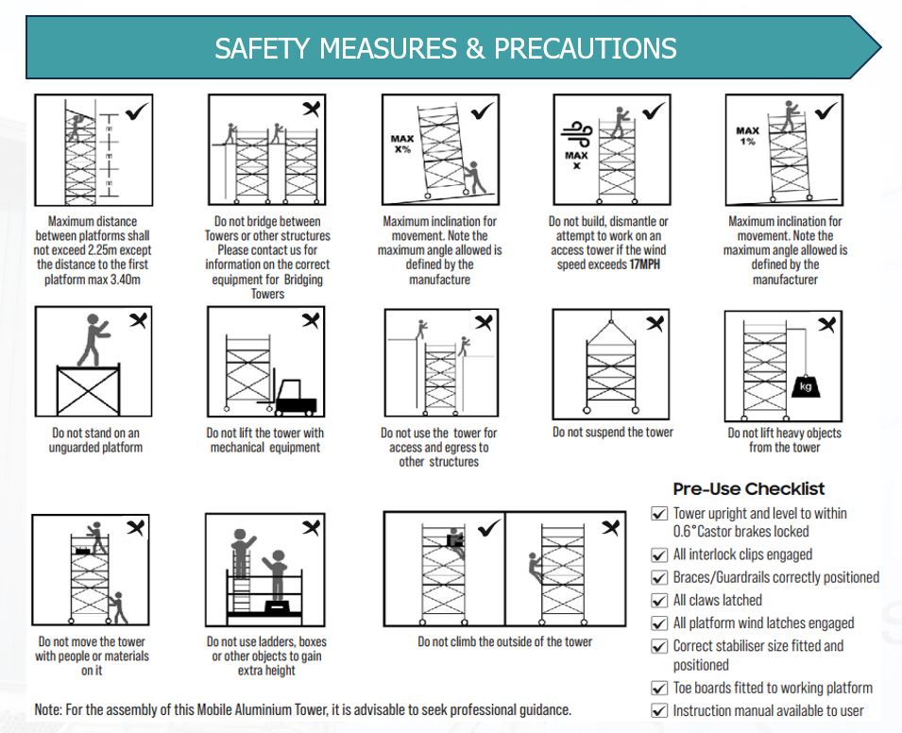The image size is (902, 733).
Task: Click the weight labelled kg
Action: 806,385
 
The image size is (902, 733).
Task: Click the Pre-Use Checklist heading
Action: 748,488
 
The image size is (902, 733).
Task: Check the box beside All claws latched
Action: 659,601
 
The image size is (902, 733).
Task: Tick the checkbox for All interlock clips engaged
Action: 659,555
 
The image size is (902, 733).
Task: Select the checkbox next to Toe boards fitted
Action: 659,689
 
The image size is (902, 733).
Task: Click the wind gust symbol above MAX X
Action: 575,134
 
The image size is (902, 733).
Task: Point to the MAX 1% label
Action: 748,136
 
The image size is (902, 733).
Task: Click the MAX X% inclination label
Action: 402,145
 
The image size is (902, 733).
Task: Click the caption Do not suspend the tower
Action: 612,433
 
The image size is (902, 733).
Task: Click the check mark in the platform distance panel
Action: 136,111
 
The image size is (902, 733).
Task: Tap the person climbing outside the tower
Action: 536,569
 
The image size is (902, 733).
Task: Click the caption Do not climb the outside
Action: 504,641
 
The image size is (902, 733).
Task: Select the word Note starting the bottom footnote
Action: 49,709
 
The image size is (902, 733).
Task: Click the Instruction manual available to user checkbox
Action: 659,711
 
